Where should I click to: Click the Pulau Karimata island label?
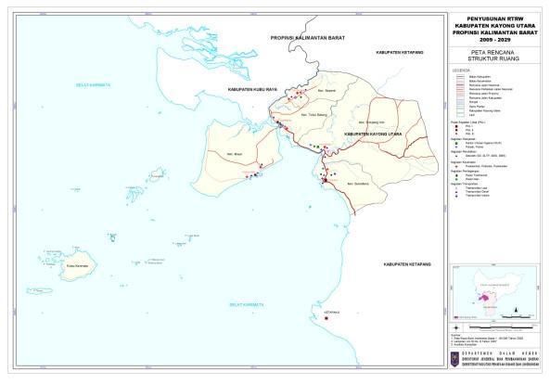tap(77, 266)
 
